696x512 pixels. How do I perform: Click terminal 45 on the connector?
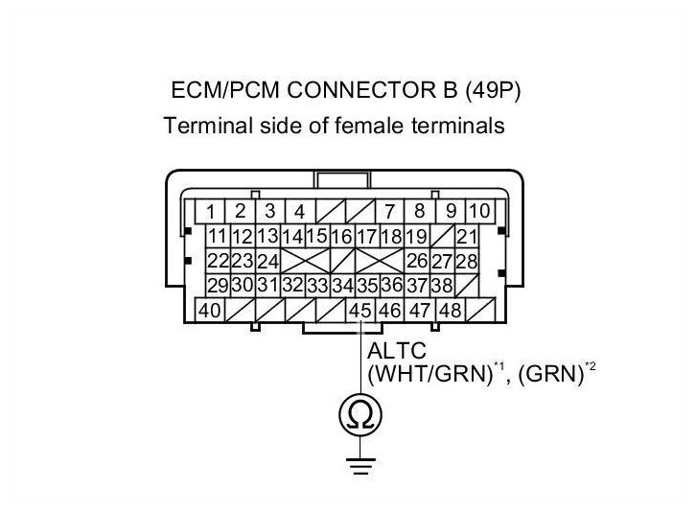(x=360, y=310)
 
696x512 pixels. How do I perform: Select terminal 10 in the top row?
(x=479, y=211)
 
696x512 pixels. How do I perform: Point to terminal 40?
(x=209, y=310)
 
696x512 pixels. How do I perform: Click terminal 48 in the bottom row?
(x=449, y=310)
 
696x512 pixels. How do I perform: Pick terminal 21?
(x=467, y=236)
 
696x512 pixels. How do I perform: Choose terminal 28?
(x=467, y=261)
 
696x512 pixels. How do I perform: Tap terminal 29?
(x=217, y=285)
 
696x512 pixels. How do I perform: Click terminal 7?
(x=390, y=211)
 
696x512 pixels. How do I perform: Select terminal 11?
(x=217, y=236)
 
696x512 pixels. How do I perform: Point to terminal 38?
(x=441, y=285)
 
